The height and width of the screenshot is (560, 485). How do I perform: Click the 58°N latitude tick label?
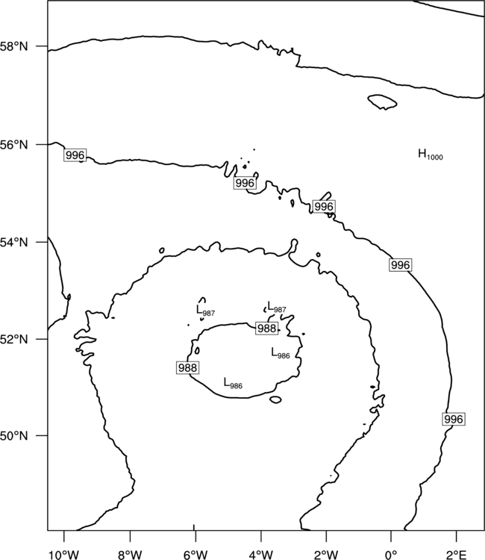(14, 46)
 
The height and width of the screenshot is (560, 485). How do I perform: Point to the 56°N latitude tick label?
(14, 145)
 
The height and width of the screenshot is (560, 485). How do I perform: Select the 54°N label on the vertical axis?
(14, 243)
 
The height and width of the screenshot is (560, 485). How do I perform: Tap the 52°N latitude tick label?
(14, 339)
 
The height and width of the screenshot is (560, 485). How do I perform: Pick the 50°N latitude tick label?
(14, 436)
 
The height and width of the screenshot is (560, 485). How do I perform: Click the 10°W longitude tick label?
(63, 555)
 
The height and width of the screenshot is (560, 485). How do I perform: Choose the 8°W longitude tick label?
(130, 555)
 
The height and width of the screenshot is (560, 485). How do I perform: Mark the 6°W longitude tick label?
(195, 555)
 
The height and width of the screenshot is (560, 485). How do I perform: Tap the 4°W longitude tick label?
(260, 555)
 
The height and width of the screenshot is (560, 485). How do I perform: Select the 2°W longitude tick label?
(326, 555)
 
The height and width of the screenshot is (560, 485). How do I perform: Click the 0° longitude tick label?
(391, 555)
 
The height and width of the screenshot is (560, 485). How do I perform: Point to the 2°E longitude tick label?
(456, 555)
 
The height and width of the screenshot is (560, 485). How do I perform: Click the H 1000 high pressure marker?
(431, 155)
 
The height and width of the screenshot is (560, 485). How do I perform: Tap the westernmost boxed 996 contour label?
(75, 155)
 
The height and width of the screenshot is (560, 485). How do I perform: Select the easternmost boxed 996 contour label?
(454, 419)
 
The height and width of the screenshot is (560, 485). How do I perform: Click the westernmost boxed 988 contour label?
(187, 367)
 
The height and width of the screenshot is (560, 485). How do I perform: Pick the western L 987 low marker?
(205, 311)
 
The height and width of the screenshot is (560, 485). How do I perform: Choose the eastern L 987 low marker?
(277, 307)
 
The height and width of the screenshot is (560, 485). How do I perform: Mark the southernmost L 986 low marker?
(233, 384)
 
